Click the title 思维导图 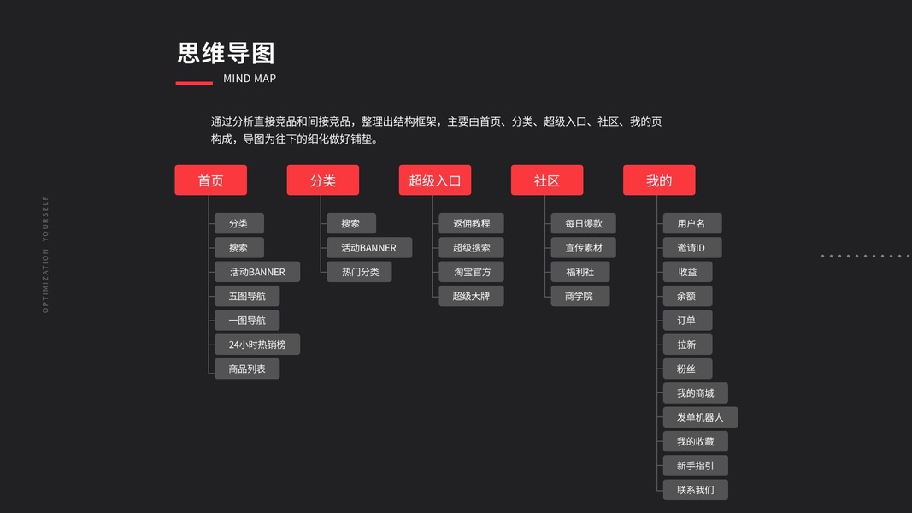tap(226, 53)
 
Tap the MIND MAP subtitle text tap(250, 79)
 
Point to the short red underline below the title tap(194, 83)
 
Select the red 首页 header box tap(211, 180)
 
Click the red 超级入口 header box tap(435, 180)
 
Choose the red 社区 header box tap(547, 180)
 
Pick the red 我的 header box tap(659, 180)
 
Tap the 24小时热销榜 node tap(257, 345)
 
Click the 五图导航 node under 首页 tap(247, 297)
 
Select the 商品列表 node tap(247, 369)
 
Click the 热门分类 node tap(360, 272)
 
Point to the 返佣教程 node tap(471, 224)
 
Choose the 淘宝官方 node tap(471, 272)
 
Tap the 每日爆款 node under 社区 tap(584, 224)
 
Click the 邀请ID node tap(692, 248)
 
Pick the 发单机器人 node tap(700, 417)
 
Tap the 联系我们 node tap(696, 490)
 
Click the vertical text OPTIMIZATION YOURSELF tap(46, 255)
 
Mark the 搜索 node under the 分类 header tap(351, 224)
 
